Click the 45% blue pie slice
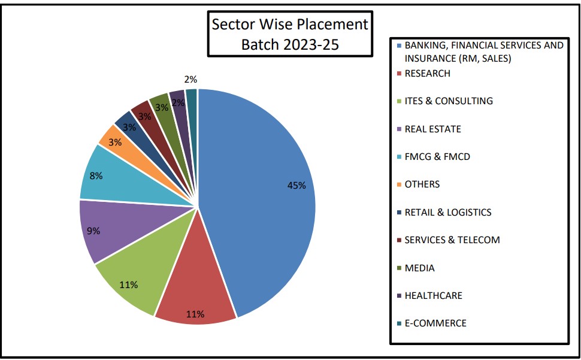[264, 198]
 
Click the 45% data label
[296, 186]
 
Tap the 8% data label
[96, 176]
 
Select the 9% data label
[93, 231]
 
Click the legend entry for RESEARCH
[427, 74]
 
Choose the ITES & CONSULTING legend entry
[448, 101]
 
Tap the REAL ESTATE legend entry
[432, 129]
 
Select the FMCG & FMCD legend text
[437, 157]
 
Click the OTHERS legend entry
[422, 184]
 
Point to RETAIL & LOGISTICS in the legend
[447, 212]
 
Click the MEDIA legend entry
[419, 268]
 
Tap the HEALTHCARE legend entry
[433, 295]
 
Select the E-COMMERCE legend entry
[435, 323]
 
